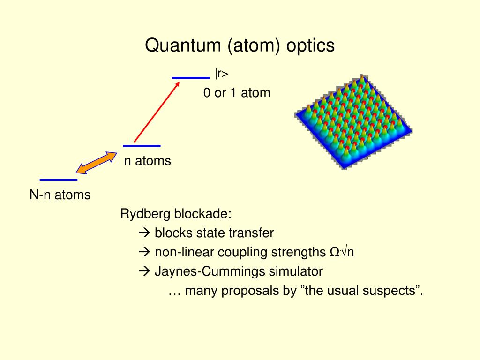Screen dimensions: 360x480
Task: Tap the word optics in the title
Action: point(310,46)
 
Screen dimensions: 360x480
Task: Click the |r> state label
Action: point(222,74)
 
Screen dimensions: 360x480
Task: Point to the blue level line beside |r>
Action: point(190,78)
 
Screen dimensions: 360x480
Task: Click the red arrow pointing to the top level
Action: point(157,111)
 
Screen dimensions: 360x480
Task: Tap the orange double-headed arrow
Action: point(97,163)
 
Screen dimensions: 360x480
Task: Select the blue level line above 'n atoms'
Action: point(142,146)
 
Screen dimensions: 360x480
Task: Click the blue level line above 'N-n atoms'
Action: point(59,180)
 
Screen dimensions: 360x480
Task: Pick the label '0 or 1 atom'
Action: point(237,93)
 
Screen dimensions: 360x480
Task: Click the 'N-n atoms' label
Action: point(60,195)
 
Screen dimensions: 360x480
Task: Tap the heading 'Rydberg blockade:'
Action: point(176,214)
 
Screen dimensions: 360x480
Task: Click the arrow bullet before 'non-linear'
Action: point(144,252)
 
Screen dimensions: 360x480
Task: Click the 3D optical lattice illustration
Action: point(354,122)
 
